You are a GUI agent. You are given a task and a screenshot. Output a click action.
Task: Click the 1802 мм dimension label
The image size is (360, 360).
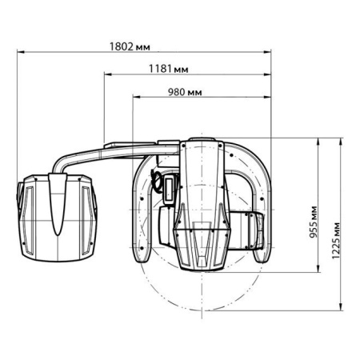pos(130,47)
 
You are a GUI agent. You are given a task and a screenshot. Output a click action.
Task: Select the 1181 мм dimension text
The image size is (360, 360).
pos(169,69)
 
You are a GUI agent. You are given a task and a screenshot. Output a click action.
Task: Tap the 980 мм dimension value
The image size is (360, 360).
pos(185,92)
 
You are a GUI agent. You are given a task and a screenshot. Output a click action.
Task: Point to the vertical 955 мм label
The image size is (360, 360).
pos(314,222)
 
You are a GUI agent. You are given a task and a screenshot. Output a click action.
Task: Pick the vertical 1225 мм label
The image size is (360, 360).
pos(336,241)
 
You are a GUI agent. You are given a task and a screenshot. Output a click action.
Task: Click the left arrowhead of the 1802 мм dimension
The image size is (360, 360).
pos(21,52)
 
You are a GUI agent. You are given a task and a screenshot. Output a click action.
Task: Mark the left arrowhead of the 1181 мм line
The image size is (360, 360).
pos(107,74)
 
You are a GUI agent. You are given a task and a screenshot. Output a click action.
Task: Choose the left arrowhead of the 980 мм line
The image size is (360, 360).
pos(136,97)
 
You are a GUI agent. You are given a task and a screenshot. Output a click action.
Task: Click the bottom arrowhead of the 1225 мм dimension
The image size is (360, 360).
pos(341,306)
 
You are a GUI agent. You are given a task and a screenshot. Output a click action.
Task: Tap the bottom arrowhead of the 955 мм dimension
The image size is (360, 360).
pos(318,269)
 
